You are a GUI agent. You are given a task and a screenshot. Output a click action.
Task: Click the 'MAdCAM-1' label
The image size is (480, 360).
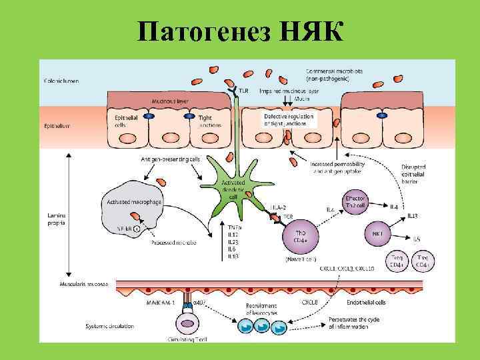[161, 303]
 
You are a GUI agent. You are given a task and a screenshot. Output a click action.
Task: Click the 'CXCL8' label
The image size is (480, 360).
[309, 301]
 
